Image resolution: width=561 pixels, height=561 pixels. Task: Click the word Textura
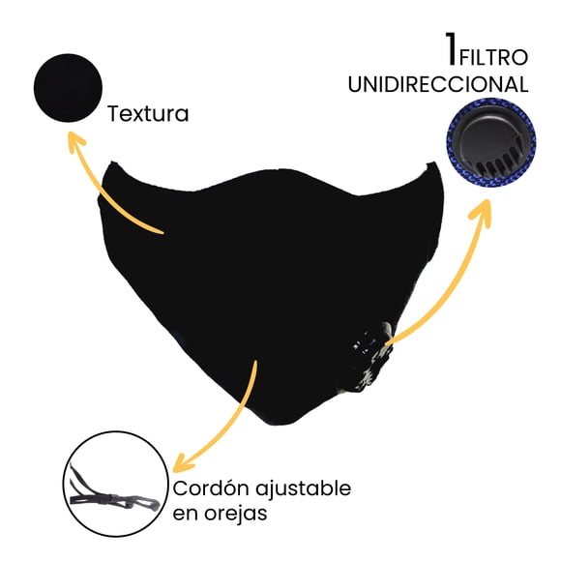click(x=148, y=114)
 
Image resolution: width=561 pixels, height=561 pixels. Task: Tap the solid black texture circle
click(x=68, y=88)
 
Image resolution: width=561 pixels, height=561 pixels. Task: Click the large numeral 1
click(x=452, y=49)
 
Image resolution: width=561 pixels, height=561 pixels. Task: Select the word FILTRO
click(x=493, y=58)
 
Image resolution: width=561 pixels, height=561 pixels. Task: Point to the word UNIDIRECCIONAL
click(x=438, y=84)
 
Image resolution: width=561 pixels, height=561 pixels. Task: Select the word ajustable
click(x=304, y=488)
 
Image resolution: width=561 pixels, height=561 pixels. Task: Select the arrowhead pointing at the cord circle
click(x=181, y=464)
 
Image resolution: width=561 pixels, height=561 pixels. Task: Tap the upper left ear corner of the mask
click(x=113, y=162)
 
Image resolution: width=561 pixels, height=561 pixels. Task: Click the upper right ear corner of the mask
click(x=431, y=163)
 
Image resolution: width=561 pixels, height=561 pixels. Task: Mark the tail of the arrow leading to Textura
click(x=162, y=233)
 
